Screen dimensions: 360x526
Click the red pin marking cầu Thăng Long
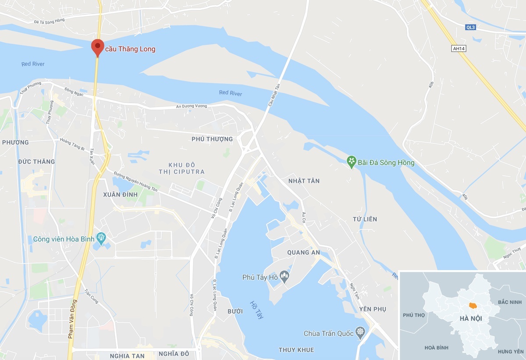[x=97, y=47]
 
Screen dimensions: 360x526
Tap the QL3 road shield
[x=470, y=27]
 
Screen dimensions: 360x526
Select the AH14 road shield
[x=458, y=49]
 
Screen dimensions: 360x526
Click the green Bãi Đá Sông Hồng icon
[x=351, y=162]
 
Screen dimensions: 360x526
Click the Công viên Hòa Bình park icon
[x=101, y=239]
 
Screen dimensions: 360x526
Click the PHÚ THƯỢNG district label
[x=212, y=139]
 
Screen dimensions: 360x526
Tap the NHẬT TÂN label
[x=304, y=181]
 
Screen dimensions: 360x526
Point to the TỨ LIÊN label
[x=365, y=219]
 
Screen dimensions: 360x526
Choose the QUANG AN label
[x=303, y=253]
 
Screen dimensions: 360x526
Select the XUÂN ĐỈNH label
[x=121, y=194]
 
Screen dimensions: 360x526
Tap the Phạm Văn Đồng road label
[x=72, y=319]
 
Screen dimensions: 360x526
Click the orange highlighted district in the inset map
[x=473, y=305]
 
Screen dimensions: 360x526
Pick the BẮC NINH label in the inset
[x=509, y=302]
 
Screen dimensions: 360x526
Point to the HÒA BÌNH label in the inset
[x=437, y=348]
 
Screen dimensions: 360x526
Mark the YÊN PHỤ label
[x=373, y=309]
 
